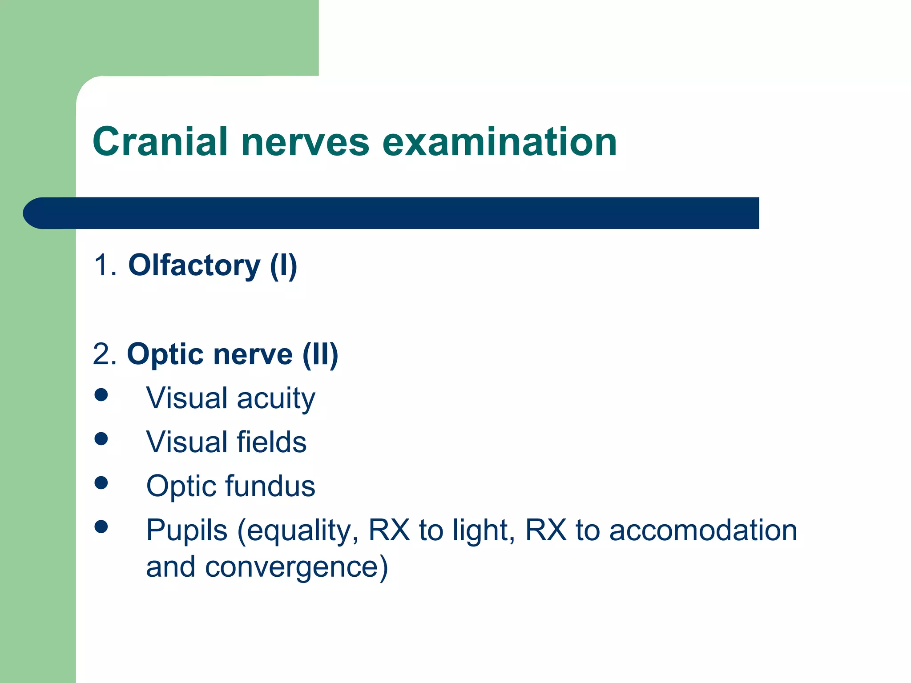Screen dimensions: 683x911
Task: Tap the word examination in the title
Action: (x=499, y=142)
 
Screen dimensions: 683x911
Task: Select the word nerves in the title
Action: (x=305, y=142)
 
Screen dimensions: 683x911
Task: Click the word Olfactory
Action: (x=194, y=265)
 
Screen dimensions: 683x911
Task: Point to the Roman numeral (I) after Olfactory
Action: (x=283, y=265)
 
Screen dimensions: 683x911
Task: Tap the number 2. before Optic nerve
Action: (x=105, y=354)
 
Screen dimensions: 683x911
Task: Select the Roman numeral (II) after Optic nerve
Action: (x=320, y=354)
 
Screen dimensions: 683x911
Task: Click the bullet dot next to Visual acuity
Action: (x=101, y=395)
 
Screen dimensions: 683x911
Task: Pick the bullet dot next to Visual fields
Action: (x=101, y=439)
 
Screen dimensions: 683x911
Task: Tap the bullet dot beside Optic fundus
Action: (x=101, y=483)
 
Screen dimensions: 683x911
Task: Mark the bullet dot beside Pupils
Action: (x=101, y=527)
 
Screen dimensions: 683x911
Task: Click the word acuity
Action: (x=276, y=398)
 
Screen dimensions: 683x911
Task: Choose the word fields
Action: (x=271, y=442)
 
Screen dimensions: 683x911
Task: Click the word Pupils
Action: (x=187, y=531)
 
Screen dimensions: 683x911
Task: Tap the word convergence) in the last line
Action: (x=296, y=567)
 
